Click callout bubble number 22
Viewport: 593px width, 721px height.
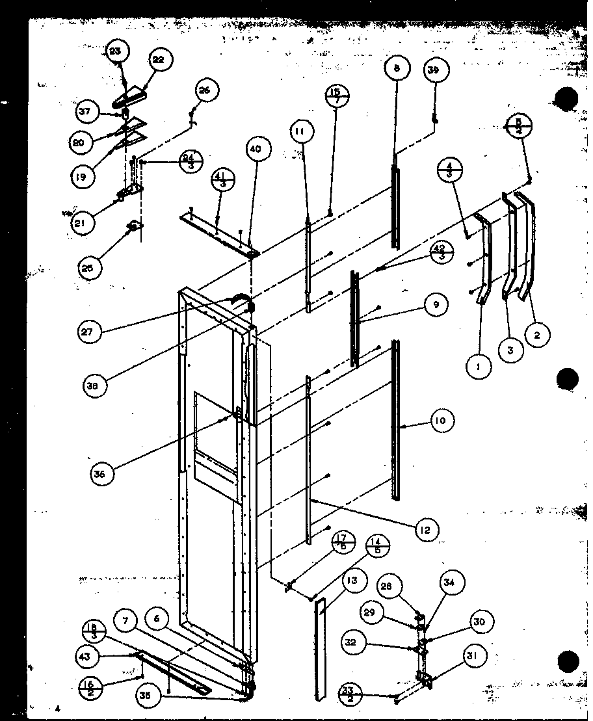(159, 60)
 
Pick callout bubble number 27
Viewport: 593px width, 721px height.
(87, 332)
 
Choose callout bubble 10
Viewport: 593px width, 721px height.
(441, 421)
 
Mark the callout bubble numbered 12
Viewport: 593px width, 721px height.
(425, 530)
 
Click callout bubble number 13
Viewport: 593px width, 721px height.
(352, 581)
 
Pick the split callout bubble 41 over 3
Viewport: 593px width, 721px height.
(222, 181)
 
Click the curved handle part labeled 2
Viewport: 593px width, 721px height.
(529, 247)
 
